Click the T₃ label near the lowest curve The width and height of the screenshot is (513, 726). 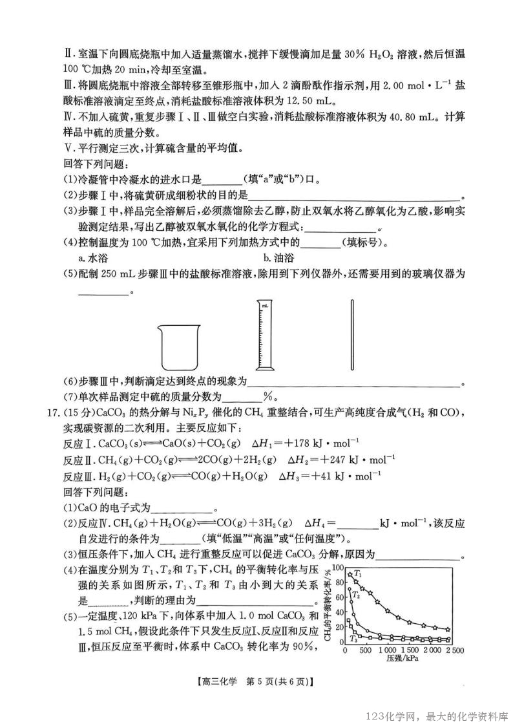pos(353,639)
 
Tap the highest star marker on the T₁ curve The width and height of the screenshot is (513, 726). pos(350,574)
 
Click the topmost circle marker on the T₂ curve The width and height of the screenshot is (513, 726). pos(350,590)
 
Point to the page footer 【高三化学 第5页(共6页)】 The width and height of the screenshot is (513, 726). pos(256,681)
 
